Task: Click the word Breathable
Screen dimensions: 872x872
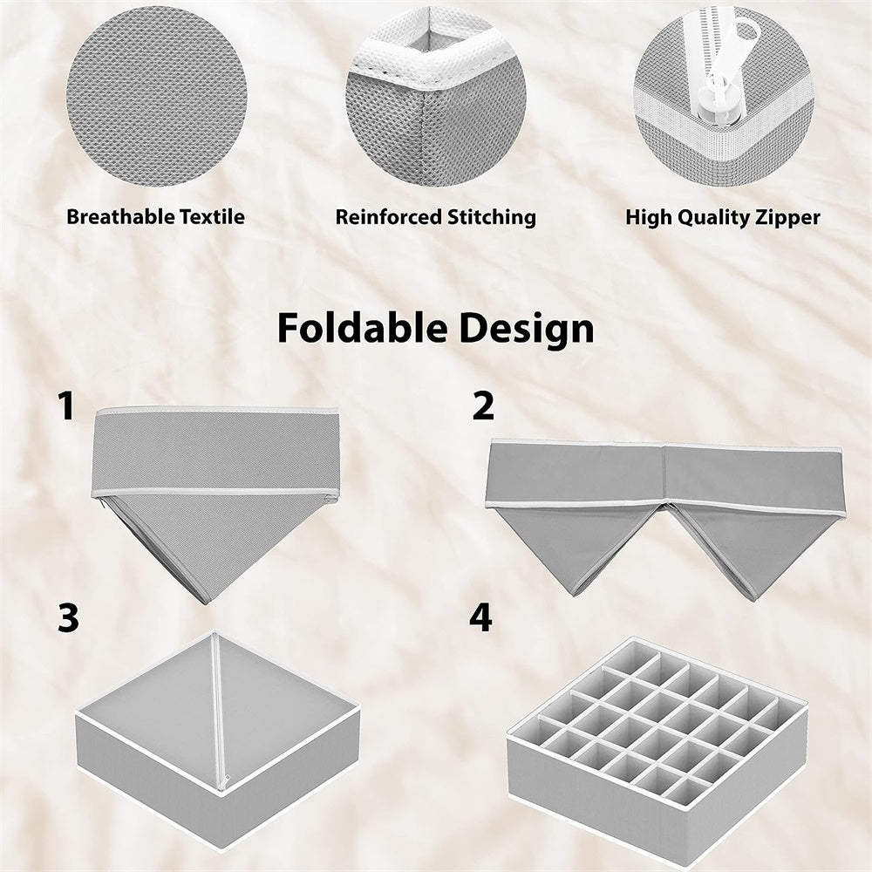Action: pos(110,217)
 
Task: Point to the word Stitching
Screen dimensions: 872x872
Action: pos(491,217)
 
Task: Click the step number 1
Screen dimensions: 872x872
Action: pos(65,406)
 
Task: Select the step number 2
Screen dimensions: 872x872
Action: pos(482,406)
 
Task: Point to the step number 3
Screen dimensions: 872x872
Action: pos(67,617)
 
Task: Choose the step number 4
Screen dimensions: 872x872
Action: pos(480,617)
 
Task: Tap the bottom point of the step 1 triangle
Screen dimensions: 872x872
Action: pos(205,599)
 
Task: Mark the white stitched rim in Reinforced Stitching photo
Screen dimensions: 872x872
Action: pos(427,57)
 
